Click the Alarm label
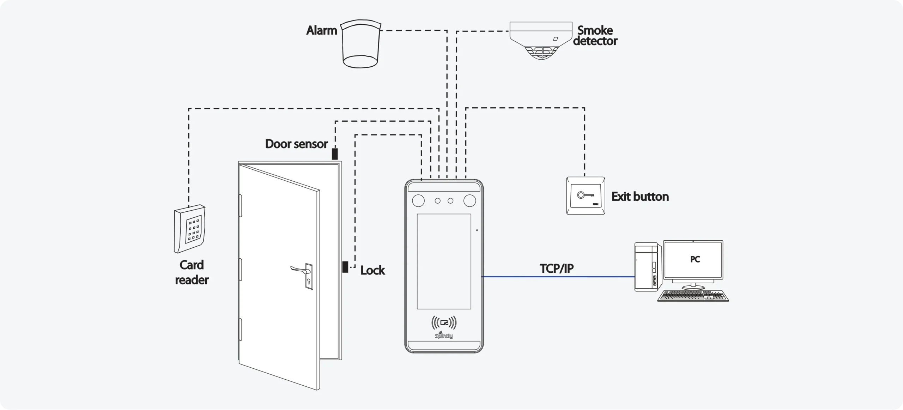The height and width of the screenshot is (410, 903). point(321,30)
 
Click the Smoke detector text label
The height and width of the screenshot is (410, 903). point(595,36)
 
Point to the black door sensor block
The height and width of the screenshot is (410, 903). point(335,154)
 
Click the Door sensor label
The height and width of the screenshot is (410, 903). point(296,144)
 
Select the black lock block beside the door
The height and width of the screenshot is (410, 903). point(345,267)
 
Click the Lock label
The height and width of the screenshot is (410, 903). point(372,270)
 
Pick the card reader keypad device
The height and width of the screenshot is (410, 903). point(190,229)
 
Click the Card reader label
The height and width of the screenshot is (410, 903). point(192,272)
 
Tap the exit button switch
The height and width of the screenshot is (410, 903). point(586,196)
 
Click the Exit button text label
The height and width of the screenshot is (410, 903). point(640,197)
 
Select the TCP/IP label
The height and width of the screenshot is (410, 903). point(557,269)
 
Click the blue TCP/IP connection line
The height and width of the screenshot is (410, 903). point(558,277)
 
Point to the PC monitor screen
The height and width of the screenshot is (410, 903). point(693,259)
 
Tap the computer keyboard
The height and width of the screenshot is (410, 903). point(693,296)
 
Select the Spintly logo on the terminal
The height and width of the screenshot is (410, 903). point(444,335)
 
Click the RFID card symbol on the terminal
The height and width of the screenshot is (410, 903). point(444,322)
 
